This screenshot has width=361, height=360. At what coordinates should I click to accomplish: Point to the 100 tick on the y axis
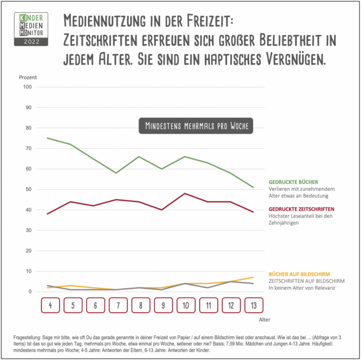(28, 87)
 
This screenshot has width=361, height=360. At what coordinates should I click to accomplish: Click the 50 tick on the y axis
(28, 190)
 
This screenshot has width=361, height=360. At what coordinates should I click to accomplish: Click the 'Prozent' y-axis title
(28, 77)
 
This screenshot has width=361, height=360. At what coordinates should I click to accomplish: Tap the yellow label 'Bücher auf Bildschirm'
(299, 273)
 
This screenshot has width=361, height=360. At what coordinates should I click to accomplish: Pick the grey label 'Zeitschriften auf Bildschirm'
(306, 281)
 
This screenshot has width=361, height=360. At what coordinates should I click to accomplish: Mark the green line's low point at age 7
(116, 173)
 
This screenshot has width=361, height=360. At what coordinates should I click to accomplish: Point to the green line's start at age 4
(48, 138)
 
